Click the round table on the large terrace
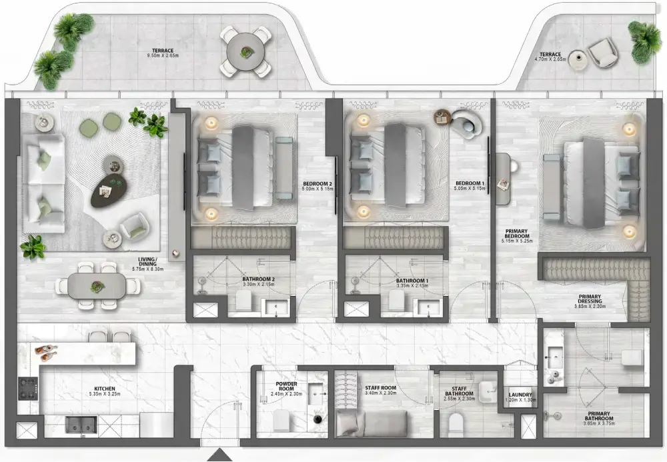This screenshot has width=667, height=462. (x=245, y=51)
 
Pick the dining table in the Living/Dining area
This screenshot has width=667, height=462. (x=98, y=286)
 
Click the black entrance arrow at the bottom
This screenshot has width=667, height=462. (x=217, y=455)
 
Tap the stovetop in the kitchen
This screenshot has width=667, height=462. (x=27, y=389)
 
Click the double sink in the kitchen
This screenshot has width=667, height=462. (x=81, y=424)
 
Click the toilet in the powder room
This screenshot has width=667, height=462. (x=281, y=420)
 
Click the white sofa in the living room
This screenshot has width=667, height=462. (x=44, y=182)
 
